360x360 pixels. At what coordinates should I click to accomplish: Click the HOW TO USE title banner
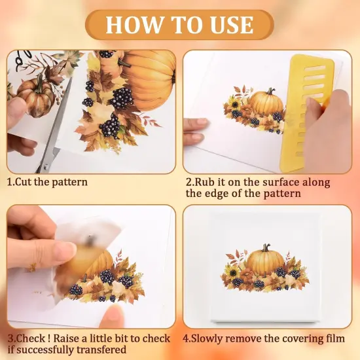179,25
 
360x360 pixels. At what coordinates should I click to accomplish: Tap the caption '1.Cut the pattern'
47,182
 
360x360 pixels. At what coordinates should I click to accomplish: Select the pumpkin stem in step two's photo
268,92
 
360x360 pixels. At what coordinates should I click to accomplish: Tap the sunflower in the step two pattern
234,103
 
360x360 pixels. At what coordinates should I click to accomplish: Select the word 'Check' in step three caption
33,338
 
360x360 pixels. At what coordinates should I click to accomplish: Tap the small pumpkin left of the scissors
35,95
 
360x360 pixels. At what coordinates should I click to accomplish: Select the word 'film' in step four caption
340,338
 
